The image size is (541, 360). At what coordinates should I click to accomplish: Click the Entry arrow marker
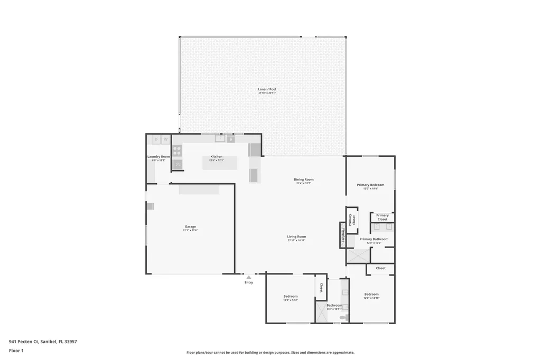point(248,277)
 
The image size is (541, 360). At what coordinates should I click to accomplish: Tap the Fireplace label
point(342,235)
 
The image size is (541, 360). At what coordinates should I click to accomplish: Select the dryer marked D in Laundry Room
point(156,139)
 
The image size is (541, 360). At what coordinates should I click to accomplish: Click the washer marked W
point(165,139)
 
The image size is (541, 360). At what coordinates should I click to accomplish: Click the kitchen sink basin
point(219,139)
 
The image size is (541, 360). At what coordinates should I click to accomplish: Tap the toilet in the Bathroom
point(344,317)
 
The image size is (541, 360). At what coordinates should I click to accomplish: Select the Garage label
point(190,226)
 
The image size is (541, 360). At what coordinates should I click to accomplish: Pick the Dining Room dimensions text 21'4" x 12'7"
point(303,183)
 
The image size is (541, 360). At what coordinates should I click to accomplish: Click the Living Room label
point(296,236)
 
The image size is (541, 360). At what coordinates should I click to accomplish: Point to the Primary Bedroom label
point(370,185)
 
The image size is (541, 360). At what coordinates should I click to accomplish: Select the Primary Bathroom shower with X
point(358,257)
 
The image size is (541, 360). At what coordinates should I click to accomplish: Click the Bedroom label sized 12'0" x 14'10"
point(371,294)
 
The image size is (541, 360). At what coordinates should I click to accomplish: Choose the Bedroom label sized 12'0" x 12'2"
point(291,296)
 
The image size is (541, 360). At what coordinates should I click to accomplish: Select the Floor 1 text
point(16,350)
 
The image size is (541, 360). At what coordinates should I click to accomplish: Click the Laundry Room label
point(158,156)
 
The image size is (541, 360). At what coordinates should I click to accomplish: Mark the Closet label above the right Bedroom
point(380,268)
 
